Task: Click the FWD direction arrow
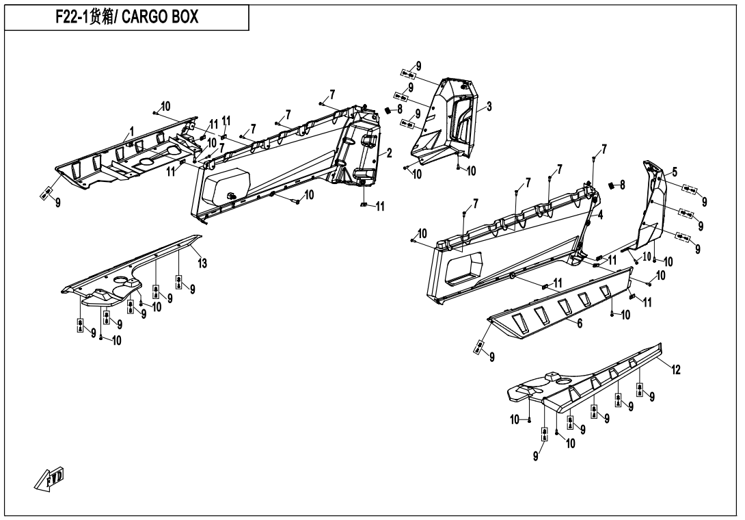click(49, 479)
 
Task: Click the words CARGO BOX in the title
click(160, 17)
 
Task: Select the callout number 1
click(132, 131)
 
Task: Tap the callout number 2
click(389, 153)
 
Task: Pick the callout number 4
click(601, 215)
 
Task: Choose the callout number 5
click(675, 172)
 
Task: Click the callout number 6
click(580, 324)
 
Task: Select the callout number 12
click(676, 369)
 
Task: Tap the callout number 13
click(202, 263)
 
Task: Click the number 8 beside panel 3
click(400, 109)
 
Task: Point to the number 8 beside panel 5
click(623, 185)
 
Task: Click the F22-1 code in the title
click(71, 17)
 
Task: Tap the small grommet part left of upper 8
click(387, 110)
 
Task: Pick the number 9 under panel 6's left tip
click(491, 357)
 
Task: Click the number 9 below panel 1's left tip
click(58, 203)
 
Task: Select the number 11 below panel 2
click(379, 206)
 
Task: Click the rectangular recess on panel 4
click(463, 267)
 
